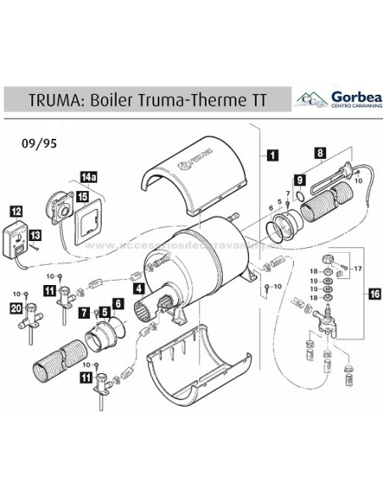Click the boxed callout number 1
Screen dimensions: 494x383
click(270, 155)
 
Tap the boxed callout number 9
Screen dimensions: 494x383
click(299, 179)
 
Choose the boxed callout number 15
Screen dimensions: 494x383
click(83, 195)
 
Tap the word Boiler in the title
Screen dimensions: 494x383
click(115, 99)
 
